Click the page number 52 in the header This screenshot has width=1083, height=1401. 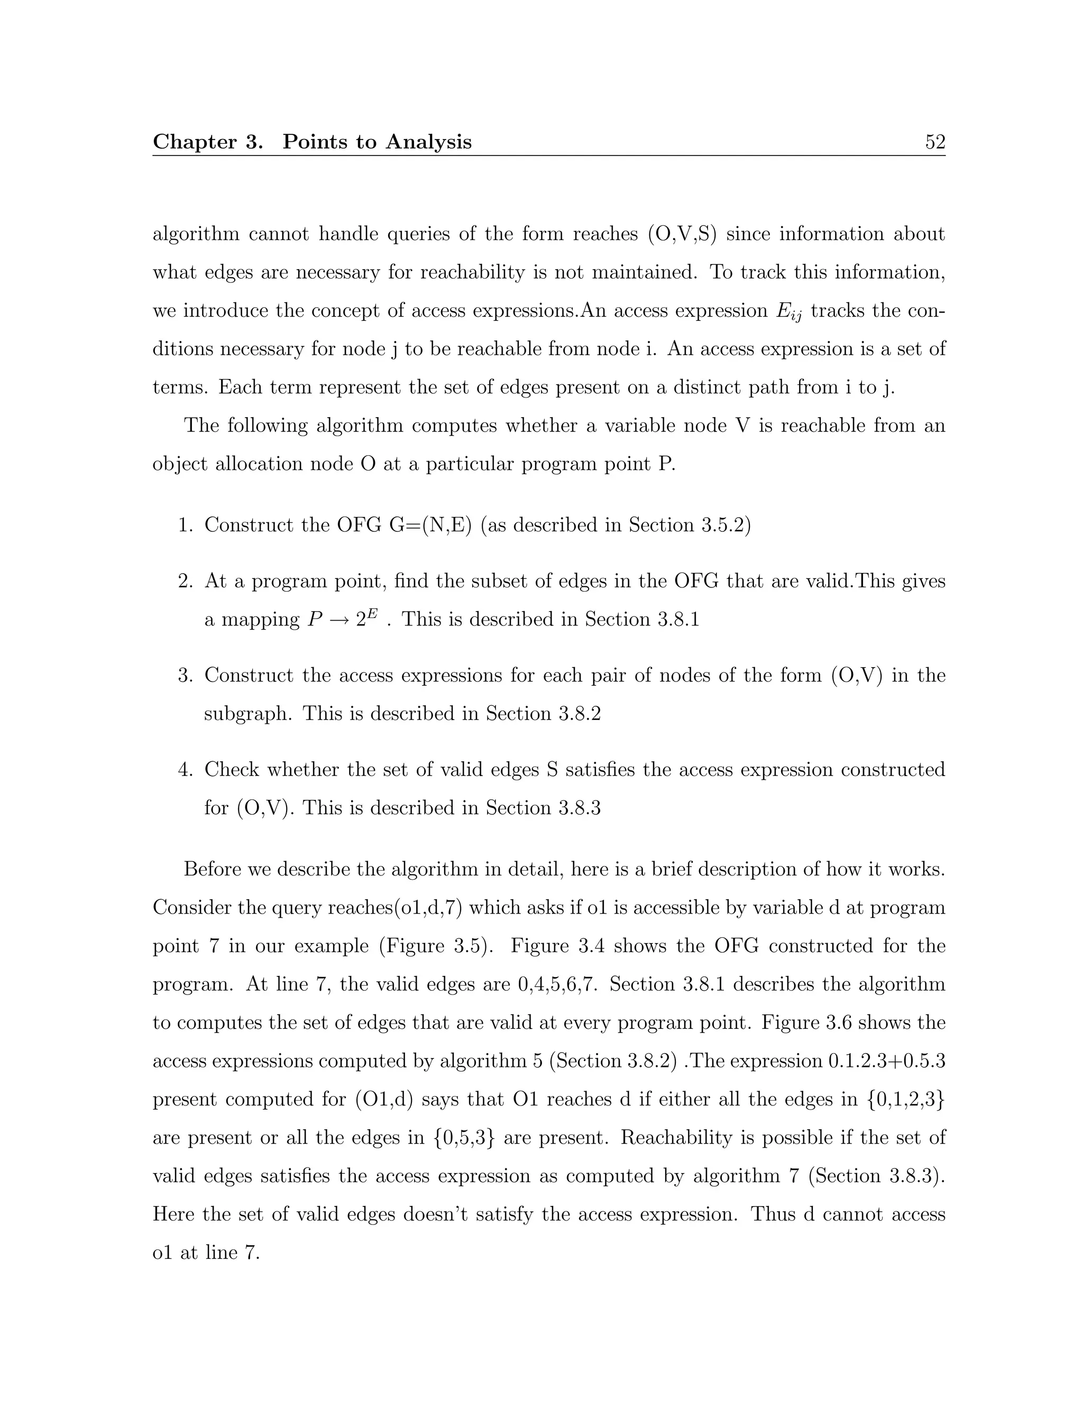pos(935,142)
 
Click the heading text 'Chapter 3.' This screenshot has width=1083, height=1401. pos(207,142)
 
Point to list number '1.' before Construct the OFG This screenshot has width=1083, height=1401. pos(186,526)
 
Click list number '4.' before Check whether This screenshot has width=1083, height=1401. pos(186,769)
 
